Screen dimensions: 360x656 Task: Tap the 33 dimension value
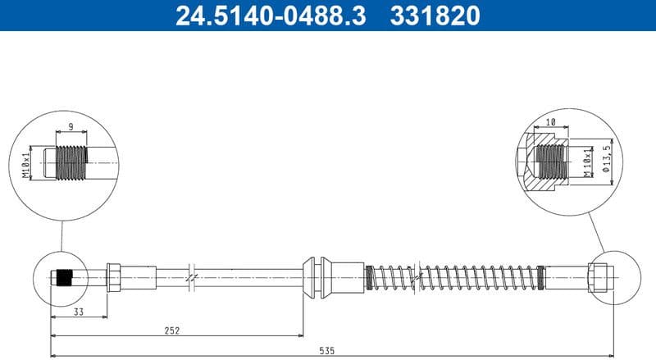point(79,312)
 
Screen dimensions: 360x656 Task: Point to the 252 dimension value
point(171,330)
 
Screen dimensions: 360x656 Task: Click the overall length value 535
point(326,351)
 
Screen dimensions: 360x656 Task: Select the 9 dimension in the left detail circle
point(71,126)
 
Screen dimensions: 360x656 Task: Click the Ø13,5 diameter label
point(607,157)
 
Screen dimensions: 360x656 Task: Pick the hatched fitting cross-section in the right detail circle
point(541,160)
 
